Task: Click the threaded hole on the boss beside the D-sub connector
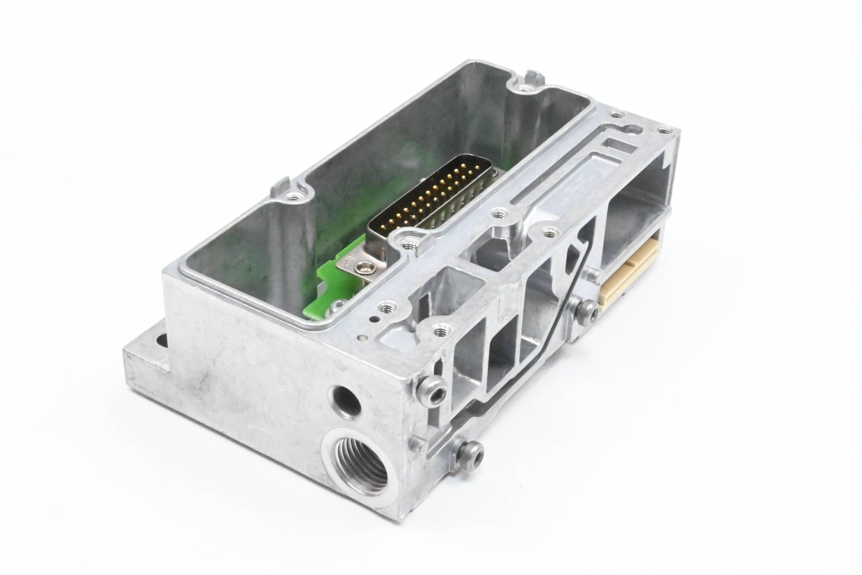pyautogui.click(x=407, y=241)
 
